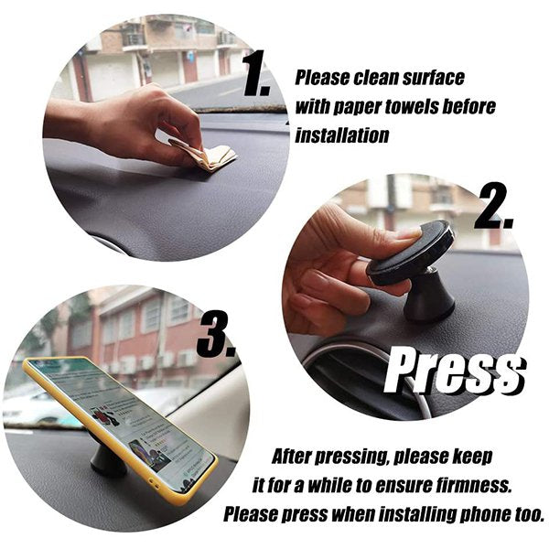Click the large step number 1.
255,73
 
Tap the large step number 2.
494,206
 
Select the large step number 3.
216,335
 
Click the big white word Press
455,371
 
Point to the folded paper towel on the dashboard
207,153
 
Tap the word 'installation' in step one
341,135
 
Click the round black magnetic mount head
410,252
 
